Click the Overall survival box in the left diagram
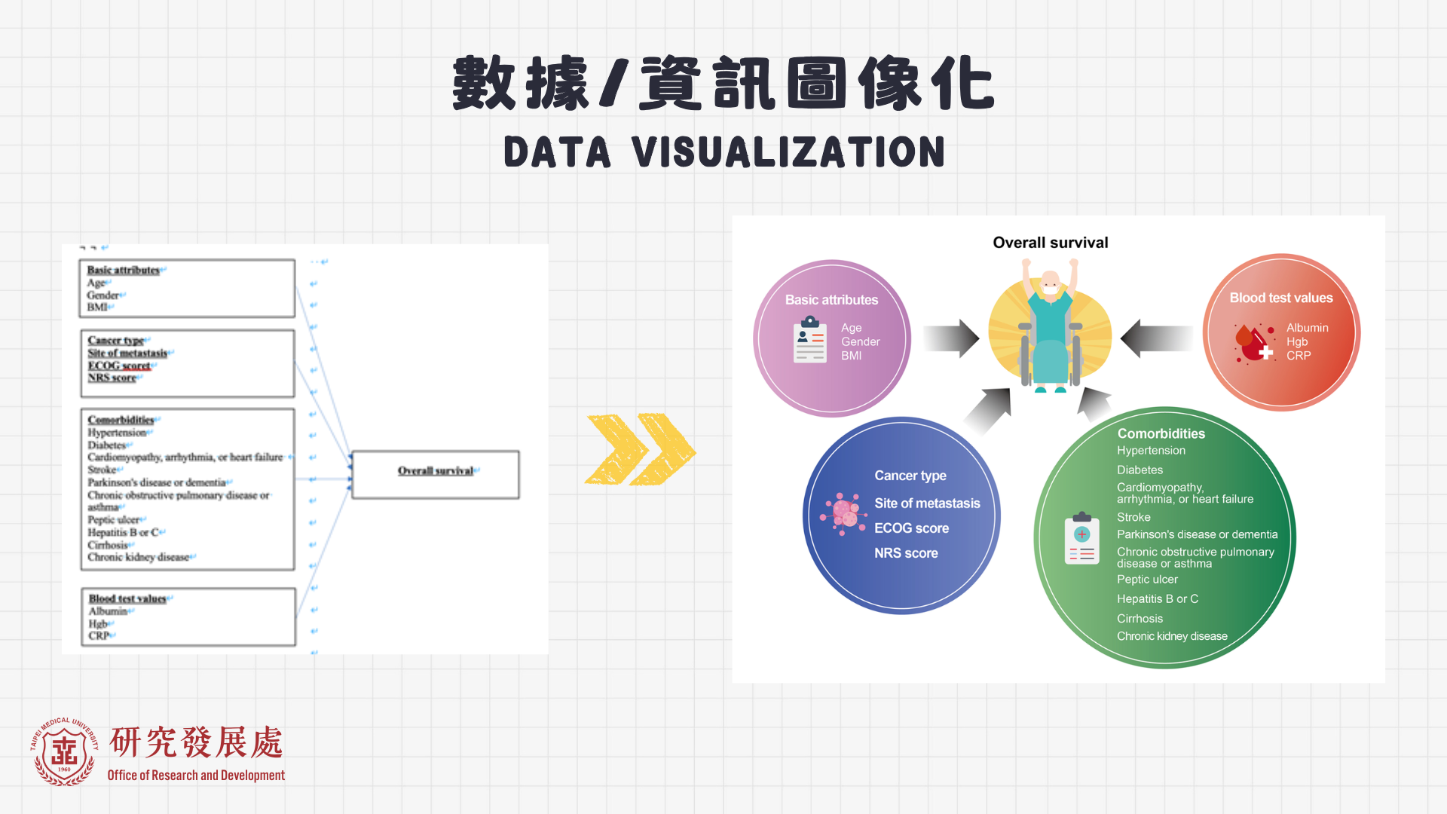pyautogui.click(x=436, y=474)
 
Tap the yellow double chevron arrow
pyautogui.click(x=640, y=449)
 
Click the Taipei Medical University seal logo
pyautogui.click(x=65, y=752)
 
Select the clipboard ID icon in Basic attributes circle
pyautogui.click(x=810, y=340)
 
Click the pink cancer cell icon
pyautogui.click(x=844, y=514)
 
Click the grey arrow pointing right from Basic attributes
pyautogui.click(x=951, y=338)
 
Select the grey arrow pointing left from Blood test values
pyautogui.click(x=1155, y=338)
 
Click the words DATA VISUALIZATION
pyautogui.click(x=723, y=152)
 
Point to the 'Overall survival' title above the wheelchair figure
pyautogui.click(x=1050, y=243)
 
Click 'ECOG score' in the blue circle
pyautogui.click(x=911, y=528)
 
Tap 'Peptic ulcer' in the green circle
pyautogui.click(x=1147, y=580)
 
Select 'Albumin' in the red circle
pyautogui.click(x=1307, y=328)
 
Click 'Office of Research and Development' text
pyautogui.click(x=196, y=776)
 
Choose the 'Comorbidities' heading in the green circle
pyautogui.click(x=1161, y=434)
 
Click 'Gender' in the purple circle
pyautogui.click(x=860, y=342)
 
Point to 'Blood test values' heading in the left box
pyautogui.click(x=127, y=599)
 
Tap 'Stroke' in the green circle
pyautogui.click(x=1133, y=518)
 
